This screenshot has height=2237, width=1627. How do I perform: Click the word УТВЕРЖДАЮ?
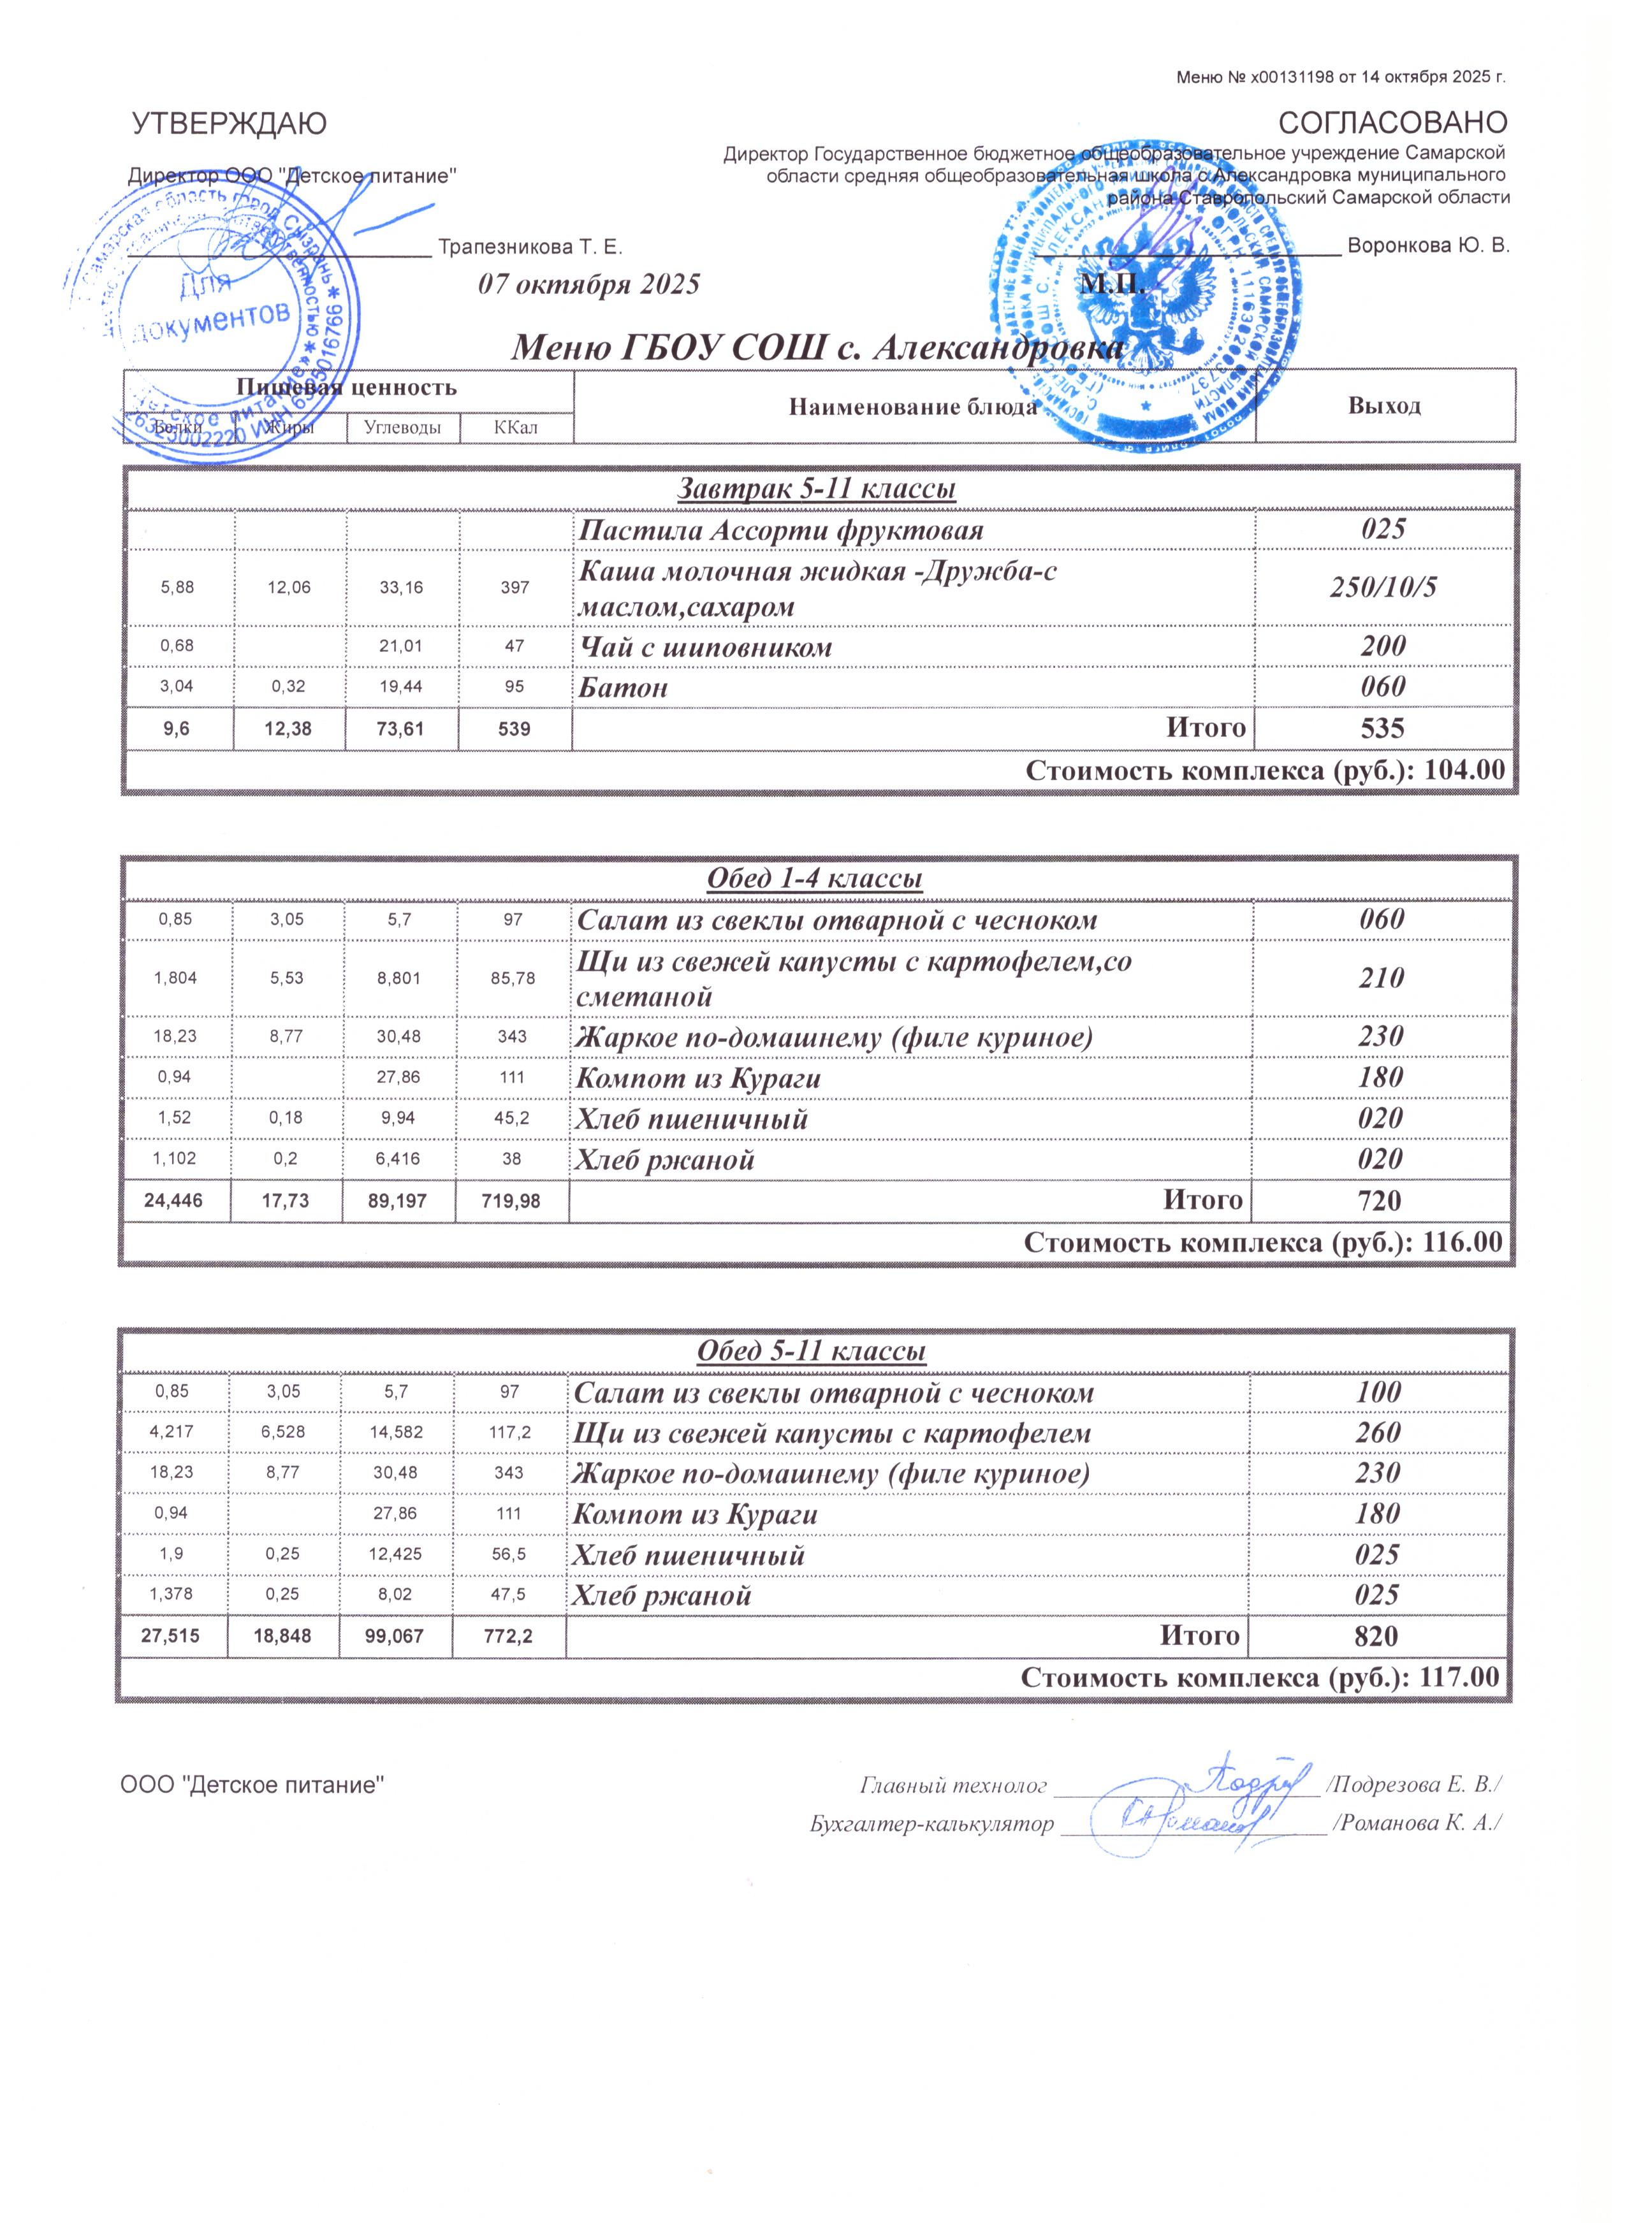pos(229,124)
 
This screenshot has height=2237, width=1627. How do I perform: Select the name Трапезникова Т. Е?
pos(530,247)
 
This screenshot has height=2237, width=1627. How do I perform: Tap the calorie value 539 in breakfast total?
pos(514,729)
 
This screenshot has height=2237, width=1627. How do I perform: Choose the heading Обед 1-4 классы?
pos(814,879)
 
